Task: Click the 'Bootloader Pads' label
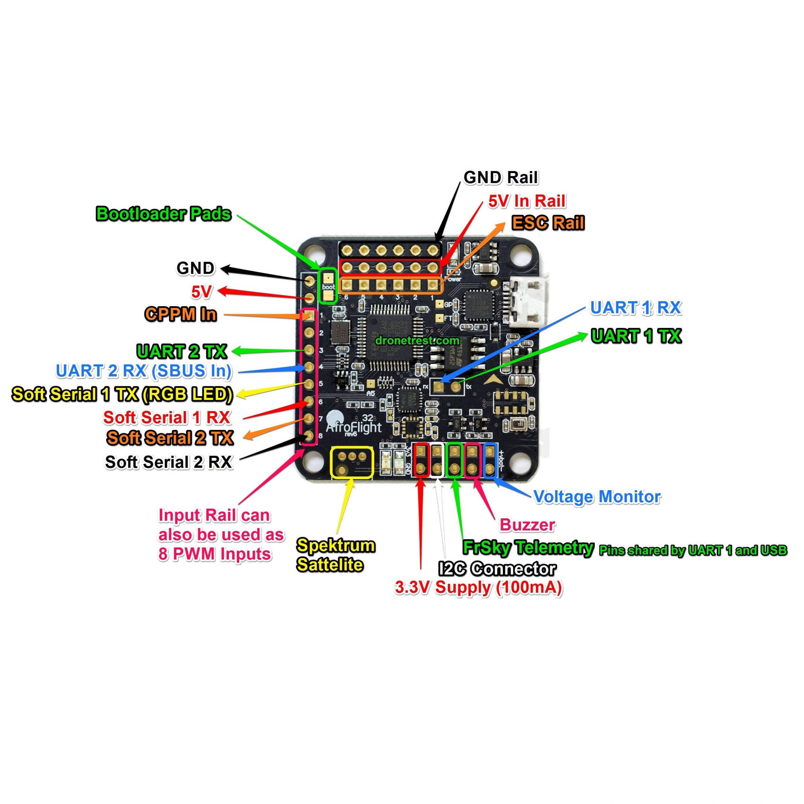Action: coord(164,214)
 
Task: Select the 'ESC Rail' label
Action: coord(548,223)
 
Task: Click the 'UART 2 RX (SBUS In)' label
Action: coord(144,371)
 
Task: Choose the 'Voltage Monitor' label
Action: coord(597,497)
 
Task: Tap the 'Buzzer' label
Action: coord(527,525)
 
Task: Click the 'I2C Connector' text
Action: coord(497,568)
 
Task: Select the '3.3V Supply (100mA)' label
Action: coord(479,588)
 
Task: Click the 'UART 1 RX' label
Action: coord(635,307)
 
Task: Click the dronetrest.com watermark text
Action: coord(417,340)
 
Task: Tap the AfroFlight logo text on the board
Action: coord(353,427)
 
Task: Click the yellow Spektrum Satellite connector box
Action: coord(352,462)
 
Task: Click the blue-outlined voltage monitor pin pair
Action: coord(490,460)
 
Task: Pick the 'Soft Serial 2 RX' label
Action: coord(169,462)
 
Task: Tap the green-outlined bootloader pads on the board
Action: coord(328,285)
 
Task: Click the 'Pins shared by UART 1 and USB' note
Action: coord(693,551)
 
